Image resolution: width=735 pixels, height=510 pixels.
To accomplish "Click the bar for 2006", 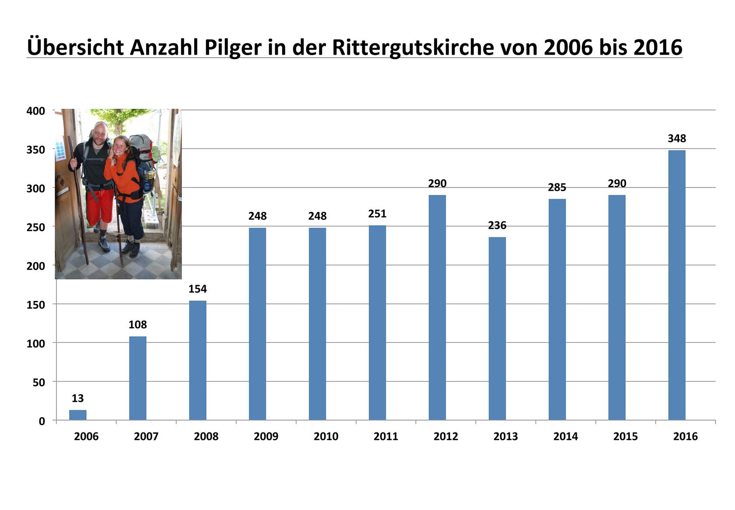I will [78, 415].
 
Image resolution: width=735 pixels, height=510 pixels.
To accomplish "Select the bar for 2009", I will [257, 324].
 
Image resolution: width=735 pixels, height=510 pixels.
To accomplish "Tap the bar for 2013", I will [497, 328].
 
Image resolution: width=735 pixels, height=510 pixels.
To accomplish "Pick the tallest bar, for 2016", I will [677, 284].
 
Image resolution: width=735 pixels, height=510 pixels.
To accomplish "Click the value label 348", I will [677, 139].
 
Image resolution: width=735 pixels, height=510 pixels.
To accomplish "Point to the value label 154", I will [197, 289].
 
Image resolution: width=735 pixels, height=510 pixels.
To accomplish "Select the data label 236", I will [497, 226].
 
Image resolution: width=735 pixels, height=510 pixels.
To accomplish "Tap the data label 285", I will [557, 188].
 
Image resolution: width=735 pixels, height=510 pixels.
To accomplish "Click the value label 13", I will [77, 398].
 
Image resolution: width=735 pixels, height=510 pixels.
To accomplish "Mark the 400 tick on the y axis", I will [36, 111].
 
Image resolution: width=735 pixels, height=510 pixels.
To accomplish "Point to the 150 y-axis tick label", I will [36, 305].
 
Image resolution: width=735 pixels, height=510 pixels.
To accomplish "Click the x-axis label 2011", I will [386, 437].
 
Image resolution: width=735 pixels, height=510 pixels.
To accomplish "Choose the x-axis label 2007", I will [146, 437].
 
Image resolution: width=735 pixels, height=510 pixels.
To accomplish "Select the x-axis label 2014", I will [566, 437].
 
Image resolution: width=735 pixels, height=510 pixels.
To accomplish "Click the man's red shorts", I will [100, 206].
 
